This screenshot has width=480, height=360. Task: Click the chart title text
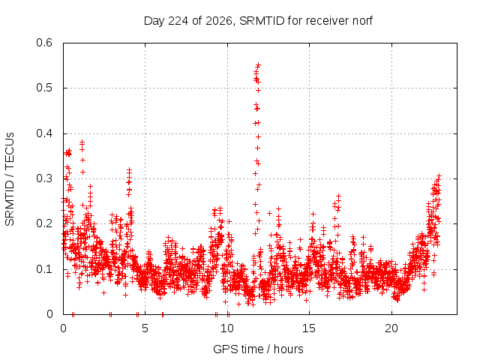tap(258, 21)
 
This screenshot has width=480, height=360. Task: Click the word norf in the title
tap(362, 21)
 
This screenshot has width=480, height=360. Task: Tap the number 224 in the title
tap(178, 21)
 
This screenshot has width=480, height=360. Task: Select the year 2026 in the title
tap(219, 21)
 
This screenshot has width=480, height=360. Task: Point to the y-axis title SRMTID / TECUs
tap(10, 179)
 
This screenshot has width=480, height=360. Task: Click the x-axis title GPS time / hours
tap(258, 349)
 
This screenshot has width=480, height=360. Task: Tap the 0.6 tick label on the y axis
tap(44, 43)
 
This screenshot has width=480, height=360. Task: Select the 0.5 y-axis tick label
tap(44, 88)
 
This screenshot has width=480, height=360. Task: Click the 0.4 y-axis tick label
tap(44, 133)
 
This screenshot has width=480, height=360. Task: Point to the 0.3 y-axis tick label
tap(44, 178)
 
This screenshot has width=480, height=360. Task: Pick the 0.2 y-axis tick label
tap(44, 223)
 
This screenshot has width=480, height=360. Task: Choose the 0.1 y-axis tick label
tap(44, 269)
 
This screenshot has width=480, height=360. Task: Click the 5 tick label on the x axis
tap(145, 328)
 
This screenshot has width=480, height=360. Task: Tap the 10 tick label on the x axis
tap(227, 328)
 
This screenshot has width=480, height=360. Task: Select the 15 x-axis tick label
tap(309, 328)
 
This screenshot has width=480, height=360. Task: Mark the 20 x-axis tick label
tap(391, 328)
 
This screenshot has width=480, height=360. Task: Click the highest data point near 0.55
tap(258, 65)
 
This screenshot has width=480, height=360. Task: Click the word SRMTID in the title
tap(262, 21)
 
